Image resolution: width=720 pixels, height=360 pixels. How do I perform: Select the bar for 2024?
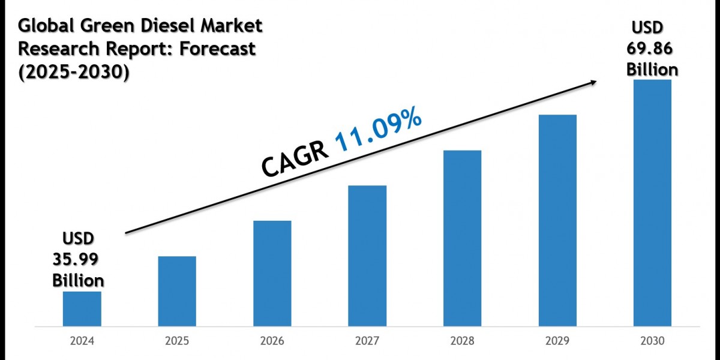(x=82, y=309)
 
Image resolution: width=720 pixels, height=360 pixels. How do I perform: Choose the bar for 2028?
(x=462, y=238)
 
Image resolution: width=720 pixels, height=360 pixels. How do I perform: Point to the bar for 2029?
(x=557, y=220)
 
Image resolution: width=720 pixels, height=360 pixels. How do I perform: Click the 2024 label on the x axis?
(x=82, y=341)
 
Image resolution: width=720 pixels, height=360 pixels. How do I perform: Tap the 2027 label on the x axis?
(x=367, y=341)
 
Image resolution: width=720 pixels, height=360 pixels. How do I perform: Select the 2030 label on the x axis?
(x=652, y=341)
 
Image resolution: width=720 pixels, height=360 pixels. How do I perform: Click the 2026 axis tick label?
(x=272, y=341)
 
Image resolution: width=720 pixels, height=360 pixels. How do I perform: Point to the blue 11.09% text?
(x=378, y=130)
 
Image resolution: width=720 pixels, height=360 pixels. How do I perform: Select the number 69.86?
(x=652, y=49)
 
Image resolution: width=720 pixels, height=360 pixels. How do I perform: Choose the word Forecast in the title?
(x=218, y=49)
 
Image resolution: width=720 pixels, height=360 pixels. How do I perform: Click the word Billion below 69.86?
(x=652, y=70)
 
